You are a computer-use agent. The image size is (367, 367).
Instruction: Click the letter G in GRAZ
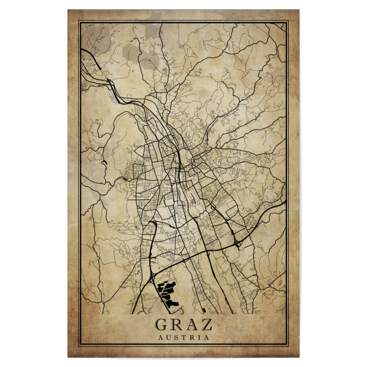coord(162,324)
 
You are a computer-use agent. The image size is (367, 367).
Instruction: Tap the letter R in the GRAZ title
coord(176,324)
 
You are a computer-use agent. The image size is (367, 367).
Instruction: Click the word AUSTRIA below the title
coord(183,337)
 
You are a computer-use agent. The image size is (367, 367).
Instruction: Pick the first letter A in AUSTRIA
coord(160,337)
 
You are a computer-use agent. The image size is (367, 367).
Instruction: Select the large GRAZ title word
coord(183,324)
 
